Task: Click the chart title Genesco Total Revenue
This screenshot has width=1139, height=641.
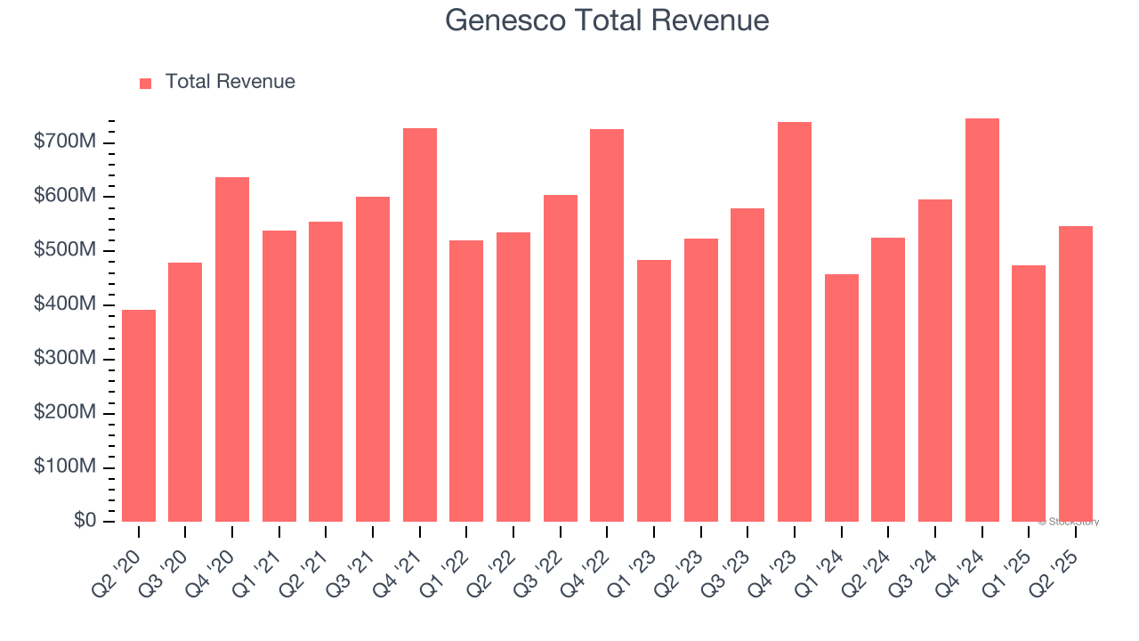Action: (607, 20)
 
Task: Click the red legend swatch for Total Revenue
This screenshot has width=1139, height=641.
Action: (146, 83)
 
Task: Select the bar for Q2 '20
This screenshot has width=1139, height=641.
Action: (139, 416)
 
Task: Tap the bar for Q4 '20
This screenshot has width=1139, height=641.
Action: (232, 349)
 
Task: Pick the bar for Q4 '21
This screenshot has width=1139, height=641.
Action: (420, 325)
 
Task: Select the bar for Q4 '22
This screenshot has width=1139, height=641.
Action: (607, 325)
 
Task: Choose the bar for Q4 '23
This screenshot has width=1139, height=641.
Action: (795, 321)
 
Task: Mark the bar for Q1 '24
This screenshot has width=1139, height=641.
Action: (842, 398)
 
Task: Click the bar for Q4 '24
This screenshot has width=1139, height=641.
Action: (982, 320)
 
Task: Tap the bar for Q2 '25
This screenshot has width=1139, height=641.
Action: (1076, 374)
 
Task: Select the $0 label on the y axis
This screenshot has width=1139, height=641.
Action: (85, 521)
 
